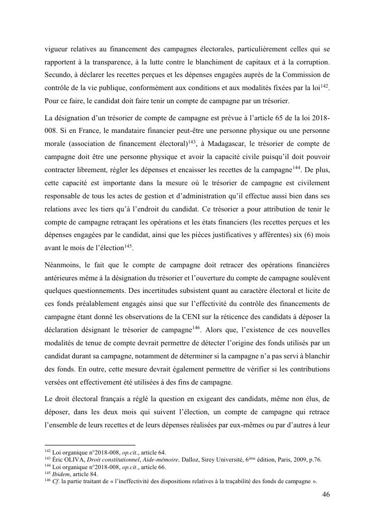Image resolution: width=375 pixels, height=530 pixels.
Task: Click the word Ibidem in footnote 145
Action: coord(55,474)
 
